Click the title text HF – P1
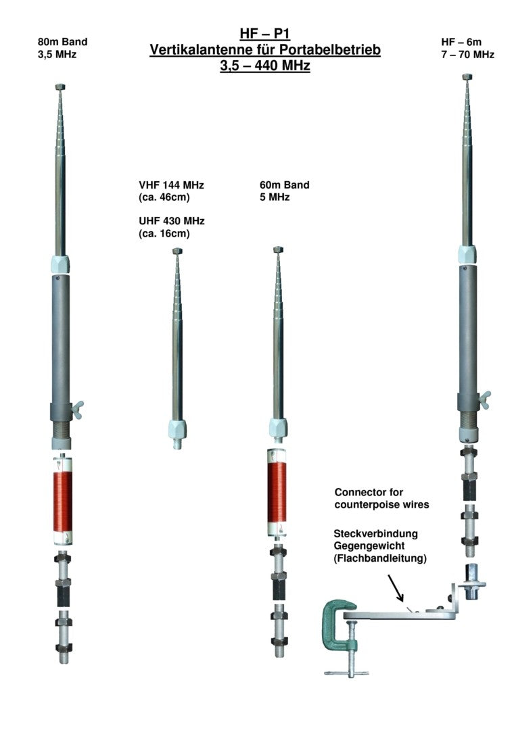(x=264, y=35)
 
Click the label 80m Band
(x=62, y=42)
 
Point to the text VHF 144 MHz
(x=170, y=185)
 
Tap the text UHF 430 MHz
(x=170, y=221)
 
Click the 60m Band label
(x=284, y=185)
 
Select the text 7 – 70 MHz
(x=467, y=54)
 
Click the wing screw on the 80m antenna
(x=78, y=406)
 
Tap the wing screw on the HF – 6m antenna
(x=484, y=400)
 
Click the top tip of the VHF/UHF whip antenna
(x=177, y=251)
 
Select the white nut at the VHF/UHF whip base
(x=177, y=429)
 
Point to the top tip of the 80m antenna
(x=60, y=87)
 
